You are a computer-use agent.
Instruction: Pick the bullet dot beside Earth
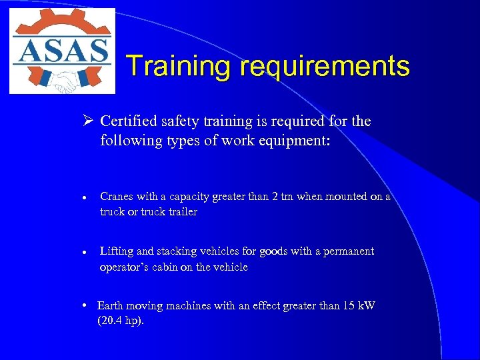point(87,305)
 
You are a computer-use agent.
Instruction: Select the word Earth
point(111,306)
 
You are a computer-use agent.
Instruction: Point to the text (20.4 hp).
point(121,321)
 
